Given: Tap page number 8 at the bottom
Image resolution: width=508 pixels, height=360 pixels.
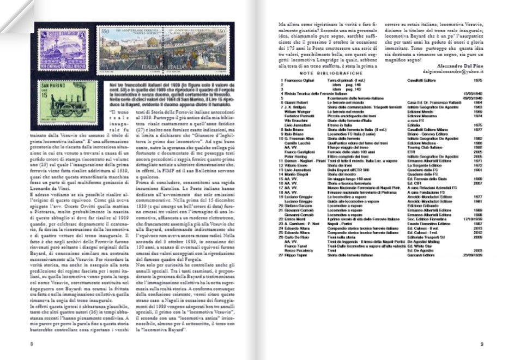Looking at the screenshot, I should click(32, 344).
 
